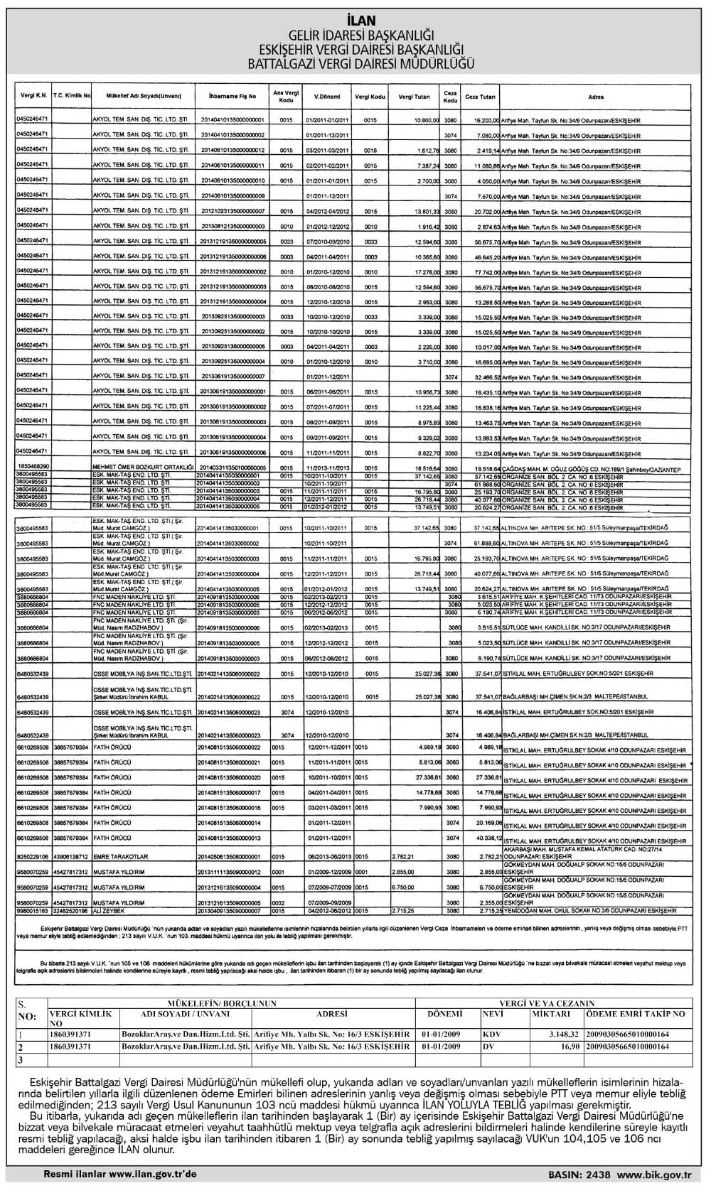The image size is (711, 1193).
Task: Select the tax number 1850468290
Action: tap(33, 467)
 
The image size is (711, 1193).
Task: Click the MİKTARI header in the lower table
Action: tap(551, 1014)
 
